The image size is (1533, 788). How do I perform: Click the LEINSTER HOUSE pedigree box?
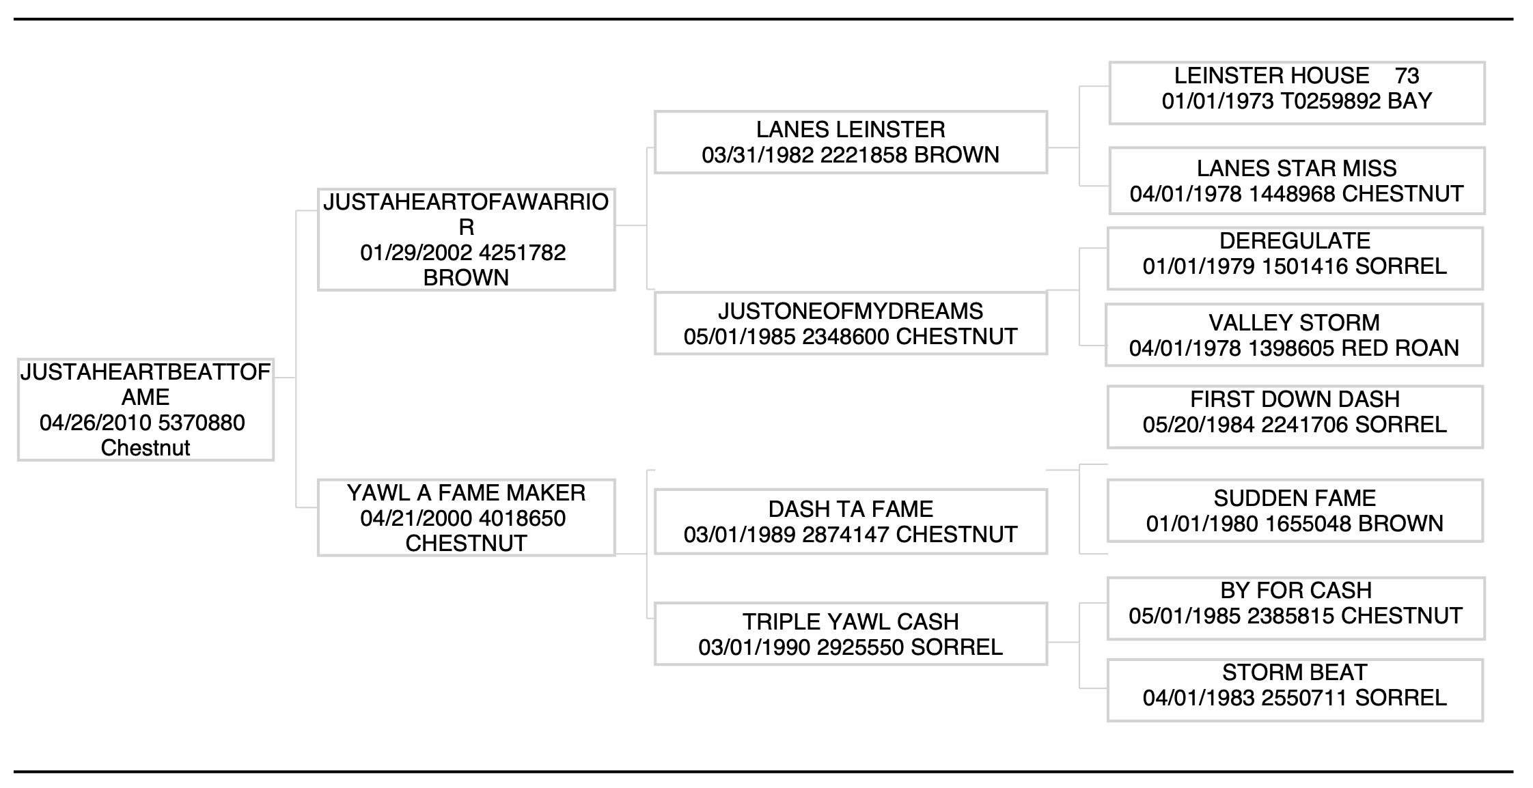coord(1297,93)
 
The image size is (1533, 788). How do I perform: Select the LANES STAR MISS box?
coord(1297,180)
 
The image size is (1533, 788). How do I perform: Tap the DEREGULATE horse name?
coord(1295,240)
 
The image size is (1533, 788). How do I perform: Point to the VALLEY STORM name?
coord(1294,322)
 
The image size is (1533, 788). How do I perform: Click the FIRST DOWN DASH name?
coord(1295,399)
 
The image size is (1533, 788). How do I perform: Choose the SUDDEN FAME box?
coord(1295,511)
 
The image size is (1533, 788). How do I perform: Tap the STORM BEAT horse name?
coord(1295,672)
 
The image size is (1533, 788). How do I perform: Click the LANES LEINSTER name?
coord(851,129)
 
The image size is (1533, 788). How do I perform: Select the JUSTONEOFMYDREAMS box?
coord(851,323)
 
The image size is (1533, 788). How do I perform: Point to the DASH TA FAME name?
coord(851,509)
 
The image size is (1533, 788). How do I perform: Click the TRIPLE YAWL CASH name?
coord(851,621)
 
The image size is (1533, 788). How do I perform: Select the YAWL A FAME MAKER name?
coord(466,492)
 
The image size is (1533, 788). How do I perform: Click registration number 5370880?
coord(202,423)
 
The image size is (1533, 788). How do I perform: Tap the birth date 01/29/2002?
coord(417,253)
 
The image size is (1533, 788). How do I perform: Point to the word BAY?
coord(1409,101)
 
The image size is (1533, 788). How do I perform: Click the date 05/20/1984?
coord(1199,425)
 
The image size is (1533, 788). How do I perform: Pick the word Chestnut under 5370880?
coord(146,448)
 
